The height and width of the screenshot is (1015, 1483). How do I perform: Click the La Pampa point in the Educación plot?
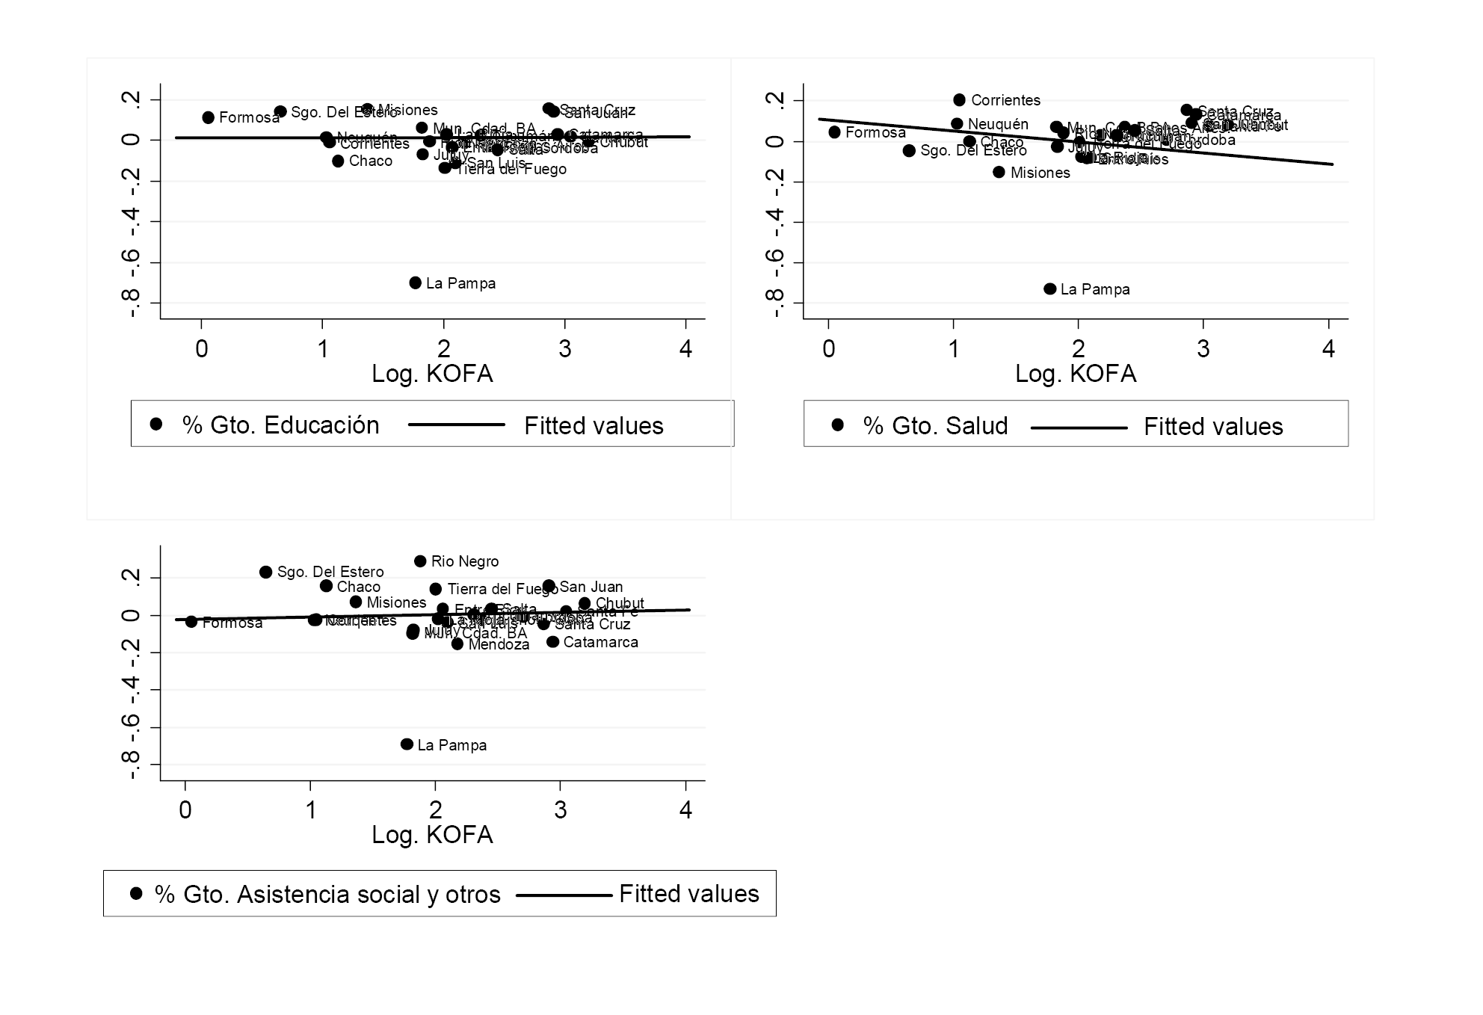tap(416, 283)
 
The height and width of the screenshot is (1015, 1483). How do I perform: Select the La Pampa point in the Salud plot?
tap(1050, 289)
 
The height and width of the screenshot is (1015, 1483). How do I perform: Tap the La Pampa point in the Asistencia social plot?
tap(407, 744)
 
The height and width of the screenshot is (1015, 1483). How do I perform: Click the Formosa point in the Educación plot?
tap(209, 117)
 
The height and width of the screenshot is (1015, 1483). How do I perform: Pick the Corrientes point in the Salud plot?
tap(960, 100)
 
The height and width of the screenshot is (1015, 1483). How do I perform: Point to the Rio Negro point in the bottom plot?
tap(420, 561)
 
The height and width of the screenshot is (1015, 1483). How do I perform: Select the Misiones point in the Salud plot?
tap(999, 172)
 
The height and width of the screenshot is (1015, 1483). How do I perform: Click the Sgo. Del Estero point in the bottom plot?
tap(265, 572)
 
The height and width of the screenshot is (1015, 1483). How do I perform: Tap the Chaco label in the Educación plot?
tap(371, 161)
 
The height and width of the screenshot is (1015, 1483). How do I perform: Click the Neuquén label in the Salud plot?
tap(998, 124)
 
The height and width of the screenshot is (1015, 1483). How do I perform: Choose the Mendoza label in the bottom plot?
tap(499, 644)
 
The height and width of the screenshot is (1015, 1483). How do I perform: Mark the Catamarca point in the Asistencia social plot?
tap(553, 642)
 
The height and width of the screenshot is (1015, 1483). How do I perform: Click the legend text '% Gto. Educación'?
tap(280, 425)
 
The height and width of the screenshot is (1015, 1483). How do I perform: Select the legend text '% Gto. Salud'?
tap(935, 425)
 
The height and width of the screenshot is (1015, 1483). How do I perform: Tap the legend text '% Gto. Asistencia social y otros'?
tap(327, 894)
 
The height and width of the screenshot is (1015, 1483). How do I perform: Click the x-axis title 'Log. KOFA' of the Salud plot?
tap(1076, 374)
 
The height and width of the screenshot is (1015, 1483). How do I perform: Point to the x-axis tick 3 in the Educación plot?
tap(565, 349)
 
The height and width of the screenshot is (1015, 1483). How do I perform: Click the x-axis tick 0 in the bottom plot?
tap(185, 810)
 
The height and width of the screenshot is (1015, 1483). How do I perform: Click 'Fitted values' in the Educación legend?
tap(593, 425)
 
